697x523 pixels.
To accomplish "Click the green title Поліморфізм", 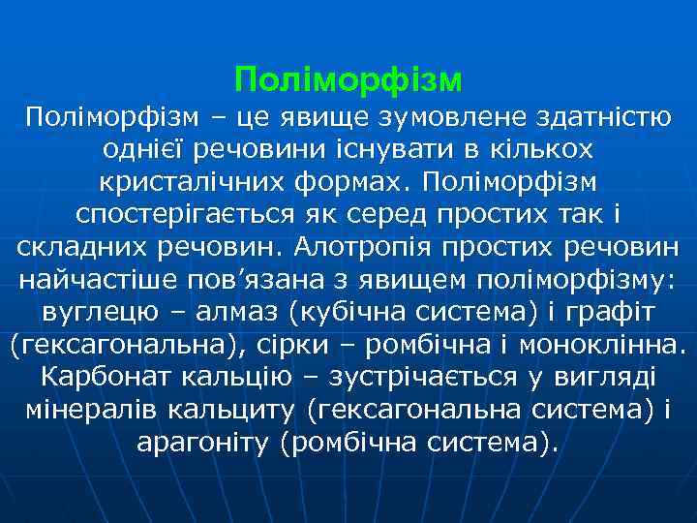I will point(348,75).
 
